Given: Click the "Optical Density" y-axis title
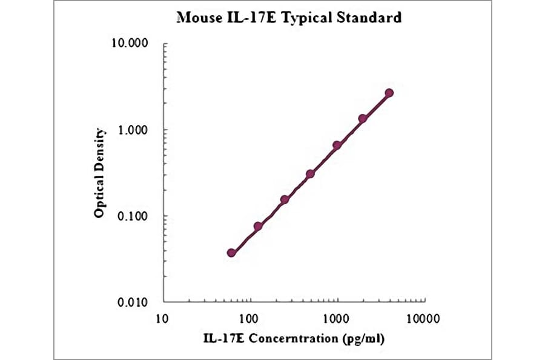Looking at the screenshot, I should click(x=100, y=173).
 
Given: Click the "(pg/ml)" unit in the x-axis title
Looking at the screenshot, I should click(x=362, y=338).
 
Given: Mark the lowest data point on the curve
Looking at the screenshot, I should click(x=231, y=253).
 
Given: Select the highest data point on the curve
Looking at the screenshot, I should click(x=389, y=93).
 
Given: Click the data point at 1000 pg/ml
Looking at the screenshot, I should click(x=337, y=145).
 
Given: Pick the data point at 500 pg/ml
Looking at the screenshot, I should click(x=310, y=174).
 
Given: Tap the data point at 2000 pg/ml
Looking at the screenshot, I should click(x=363, y=119).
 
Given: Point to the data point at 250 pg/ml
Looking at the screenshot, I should click(x=284, y=199).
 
